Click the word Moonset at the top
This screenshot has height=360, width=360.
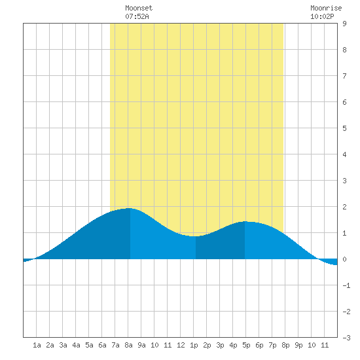[139, 8]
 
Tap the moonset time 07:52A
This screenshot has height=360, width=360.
[137, 16]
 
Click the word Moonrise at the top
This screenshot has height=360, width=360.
[326, 8]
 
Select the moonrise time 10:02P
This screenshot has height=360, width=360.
[322, 16]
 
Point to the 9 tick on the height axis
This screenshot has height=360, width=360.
[344, 24]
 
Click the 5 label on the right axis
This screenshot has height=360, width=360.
[344, 128]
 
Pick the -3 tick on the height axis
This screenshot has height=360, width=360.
[346, 338]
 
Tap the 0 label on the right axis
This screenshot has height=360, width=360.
[344, 259]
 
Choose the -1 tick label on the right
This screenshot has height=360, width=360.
[346, 285]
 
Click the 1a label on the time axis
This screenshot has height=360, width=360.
[37, 345]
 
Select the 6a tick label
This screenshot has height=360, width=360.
[102, 345]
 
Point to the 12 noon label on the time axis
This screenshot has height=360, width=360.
[181, 345]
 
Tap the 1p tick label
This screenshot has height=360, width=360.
[194, 345]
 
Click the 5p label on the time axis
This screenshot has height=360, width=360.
[246, 345]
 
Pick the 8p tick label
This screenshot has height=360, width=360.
[285, 345]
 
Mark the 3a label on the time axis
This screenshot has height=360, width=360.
[63, 345]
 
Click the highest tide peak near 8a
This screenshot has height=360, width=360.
[130, 208]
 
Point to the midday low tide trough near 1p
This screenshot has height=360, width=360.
[196, 236]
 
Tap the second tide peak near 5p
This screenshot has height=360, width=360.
[245, 221]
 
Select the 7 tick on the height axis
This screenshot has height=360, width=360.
[344, 76]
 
